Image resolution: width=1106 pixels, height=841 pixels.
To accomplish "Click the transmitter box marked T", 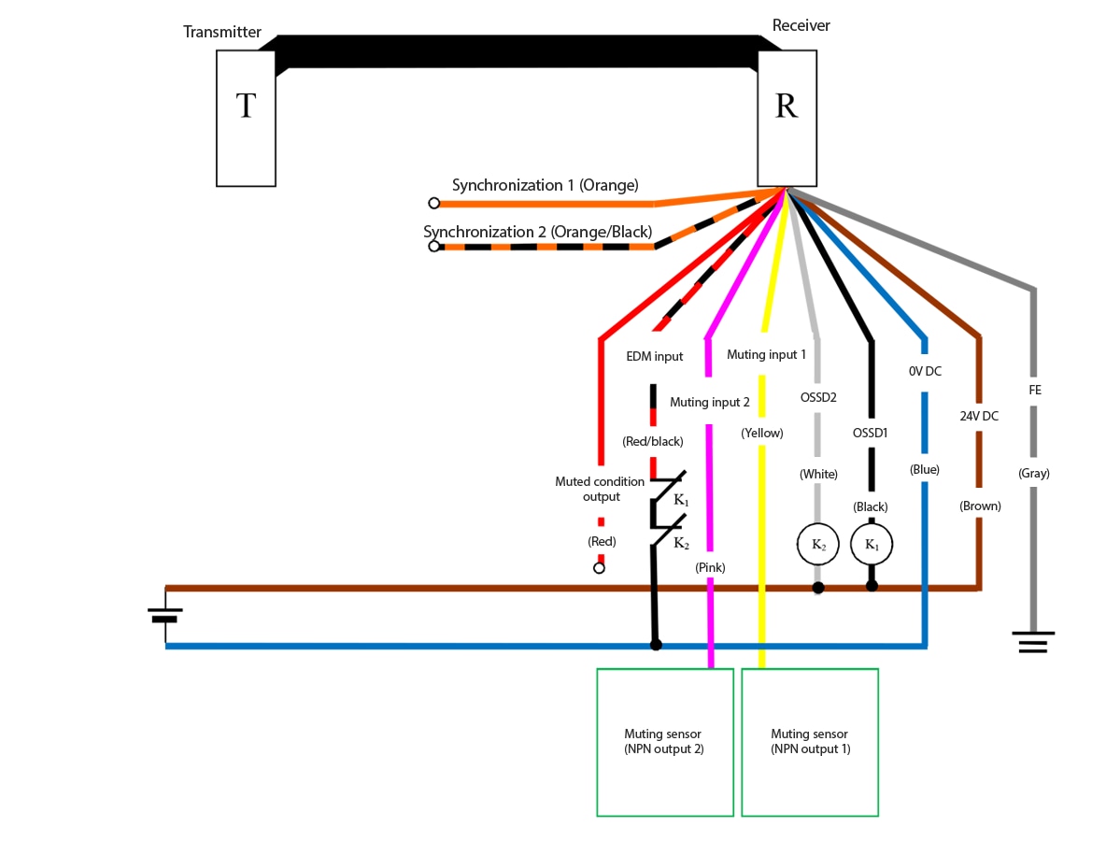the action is click(x=246, y=118).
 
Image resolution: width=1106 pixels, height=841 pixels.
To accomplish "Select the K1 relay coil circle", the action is click(x=872, y=545).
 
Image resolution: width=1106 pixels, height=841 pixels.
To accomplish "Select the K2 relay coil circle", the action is click(x=818, y=545).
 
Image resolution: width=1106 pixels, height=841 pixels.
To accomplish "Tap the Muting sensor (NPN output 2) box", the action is click(x=665, y=742).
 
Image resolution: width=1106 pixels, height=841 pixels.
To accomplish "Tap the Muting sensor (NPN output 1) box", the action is click(x=810, y=742).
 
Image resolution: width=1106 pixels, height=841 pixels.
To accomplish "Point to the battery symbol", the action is click(x=165, y=615).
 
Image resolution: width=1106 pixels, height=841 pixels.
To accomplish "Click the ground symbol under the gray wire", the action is click(x=1033, y=642).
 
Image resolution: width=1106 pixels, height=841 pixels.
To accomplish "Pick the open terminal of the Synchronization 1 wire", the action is click(x=434, y=203).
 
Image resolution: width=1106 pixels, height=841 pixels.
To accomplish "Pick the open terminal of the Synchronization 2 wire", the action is click(x=434, y=247).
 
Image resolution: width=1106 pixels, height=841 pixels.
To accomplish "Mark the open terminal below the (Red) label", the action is click(x=599, y=568).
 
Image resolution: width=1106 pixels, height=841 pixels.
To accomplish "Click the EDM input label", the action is click(x=655, y=356).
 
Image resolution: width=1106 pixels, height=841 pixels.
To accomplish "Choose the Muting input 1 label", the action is click(x=766, y=354).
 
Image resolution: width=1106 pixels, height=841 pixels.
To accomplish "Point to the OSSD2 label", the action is click(x=818, y=397).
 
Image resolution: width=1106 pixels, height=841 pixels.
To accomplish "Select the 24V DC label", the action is click(x=979, y=416).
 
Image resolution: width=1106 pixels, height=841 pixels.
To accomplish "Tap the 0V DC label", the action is click(x=925, y=371).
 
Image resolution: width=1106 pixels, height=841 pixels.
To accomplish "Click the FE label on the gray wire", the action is click(x=1035, y=391).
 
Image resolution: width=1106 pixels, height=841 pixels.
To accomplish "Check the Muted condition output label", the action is click(x=600, y=489).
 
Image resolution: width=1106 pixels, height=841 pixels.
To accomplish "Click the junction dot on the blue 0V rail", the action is click(x=656, y=645).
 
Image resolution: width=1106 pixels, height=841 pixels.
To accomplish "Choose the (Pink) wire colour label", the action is click(x=710, y=567).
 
